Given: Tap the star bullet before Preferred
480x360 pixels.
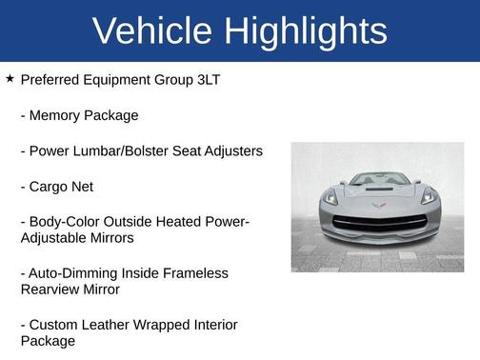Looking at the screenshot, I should click(x=10, y=79).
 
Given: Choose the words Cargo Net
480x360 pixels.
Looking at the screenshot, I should click(x=62, y=187).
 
